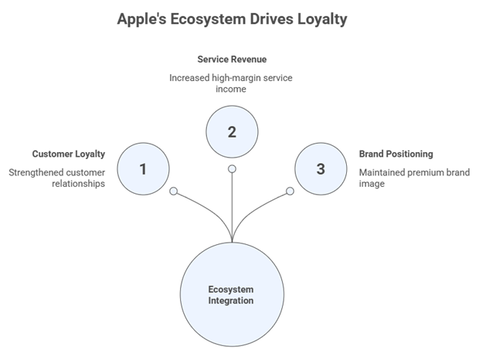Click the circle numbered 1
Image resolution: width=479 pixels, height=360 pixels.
pos(143,168)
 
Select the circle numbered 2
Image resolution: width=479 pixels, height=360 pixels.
pos(232,131)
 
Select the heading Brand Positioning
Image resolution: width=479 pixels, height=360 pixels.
pos(396,154)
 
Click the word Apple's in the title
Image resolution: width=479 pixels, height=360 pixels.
pos(142,19)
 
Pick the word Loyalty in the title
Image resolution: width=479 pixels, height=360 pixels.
pos(322,19)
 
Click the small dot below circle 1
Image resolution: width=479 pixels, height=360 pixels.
pos(174,190)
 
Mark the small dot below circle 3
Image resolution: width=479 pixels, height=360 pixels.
pos(290,190)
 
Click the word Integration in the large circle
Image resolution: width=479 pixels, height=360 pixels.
pos(231,301)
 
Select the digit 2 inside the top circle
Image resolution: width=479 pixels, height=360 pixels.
pos(232,131)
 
